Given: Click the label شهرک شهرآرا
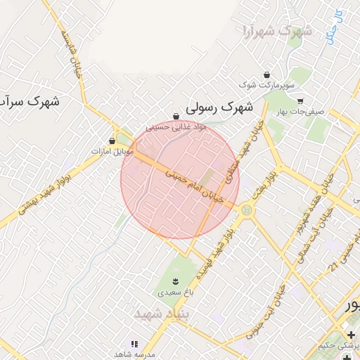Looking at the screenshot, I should (x=276, y=31).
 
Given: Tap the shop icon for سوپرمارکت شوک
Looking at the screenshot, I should (x=266, y=75).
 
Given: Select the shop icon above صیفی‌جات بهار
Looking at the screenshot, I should (x=300, y=101).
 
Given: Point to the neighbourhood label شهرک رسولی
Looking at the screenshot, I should (x=219, y=108).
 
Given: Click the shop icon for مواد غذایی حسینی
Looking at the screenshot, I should (x=176, y=117).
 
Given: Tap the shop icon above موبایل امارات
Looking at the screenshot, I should (x=112, y=141).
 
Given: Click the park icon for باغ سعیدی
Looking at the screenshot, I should (x=175, y=281).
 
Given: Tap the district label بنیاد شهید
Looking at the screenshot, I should (x=159, y=312).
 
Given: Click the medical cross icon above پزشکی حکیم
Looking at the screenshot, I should (x=351, y=334).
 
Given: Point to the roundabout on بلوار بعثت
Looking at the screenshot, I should (x=246, y=210).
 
